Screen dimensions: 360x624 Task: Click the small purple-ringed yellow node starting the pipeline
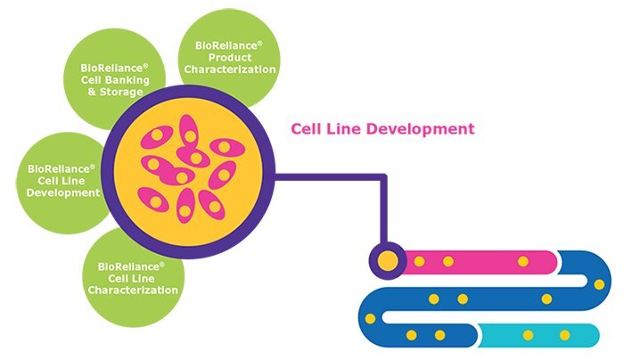tap(388, 260)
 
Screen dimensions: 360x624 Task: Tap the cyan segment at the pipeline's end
tap(544, 335)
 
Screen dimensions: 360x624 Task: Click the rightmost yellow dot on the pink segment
tap(523, 261)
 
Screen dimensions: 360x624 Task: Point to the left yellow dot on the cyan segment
tap(528, 335)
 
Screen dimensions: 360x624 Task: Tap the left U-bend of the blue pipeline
tap(367, 316)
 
